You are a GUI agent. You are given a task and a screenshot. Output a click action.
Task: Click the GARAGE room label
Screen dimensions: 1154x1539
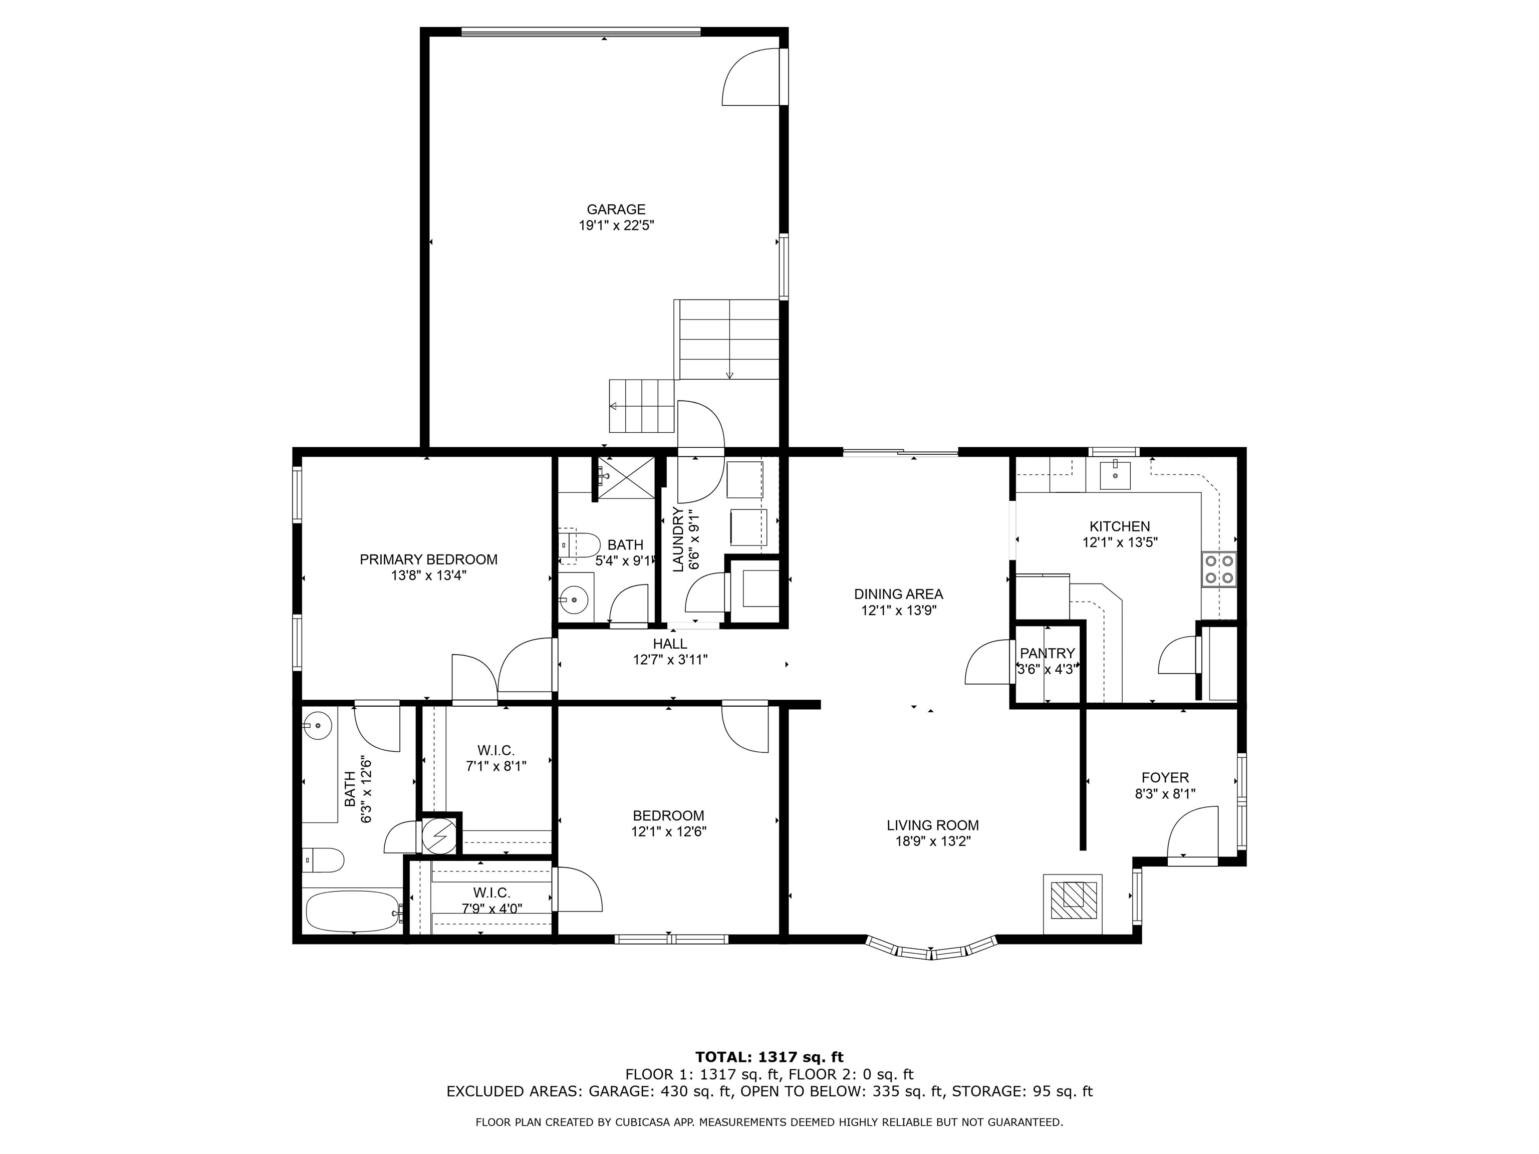[616, 209]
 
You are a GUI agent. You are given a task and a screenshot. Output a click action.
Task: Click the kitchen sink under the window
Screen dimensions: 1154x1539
[1115, 475]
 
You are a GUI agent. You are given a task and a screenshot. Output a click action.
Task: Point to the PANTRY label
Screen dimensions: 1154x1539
[1047, 653]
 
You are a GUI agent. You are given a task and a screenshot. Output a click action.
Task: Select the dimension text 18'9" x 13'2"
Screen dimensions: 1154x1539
[932, 841]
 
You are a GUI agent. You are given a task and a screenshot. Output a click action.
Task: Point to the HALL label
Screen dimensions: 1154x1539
[669, 644]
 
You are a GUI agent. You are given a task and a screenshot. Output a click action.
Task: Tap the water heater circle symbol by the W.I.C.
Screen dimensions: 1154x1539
[439, 833]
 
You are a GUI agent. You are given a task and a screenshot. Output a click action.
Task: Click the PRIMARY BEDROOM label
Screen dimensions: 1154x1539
[428, 559]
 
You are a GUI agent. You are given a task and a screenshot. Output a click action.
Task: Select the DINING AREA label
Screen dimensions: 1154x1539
[898, 594]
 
